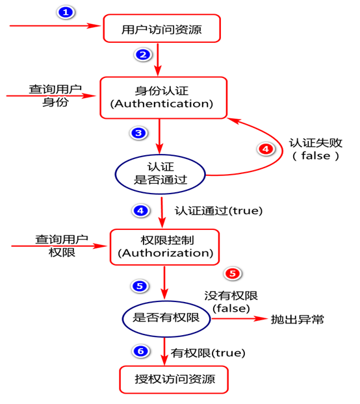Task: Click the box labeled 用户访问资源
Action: tap(162, 28)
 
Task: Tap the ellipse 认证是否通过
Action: tap(161, 172)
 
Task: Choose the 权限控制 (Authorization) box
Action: tap(162, 246)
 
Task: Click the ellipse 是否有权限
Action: tap(166, 318)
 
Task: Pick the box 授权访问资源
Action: tap(174, 379)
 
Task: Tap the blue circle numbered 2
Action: tap(143, 55)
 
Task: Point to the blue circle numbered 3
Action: tap(138, 133)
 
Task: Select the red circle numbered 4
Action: tap(266, 149)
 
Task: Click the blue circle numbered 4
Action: tap(140, 210)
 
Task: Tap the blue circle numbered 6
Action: tap(140, 351)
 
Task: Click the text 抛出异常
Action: tap(298, 319)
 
